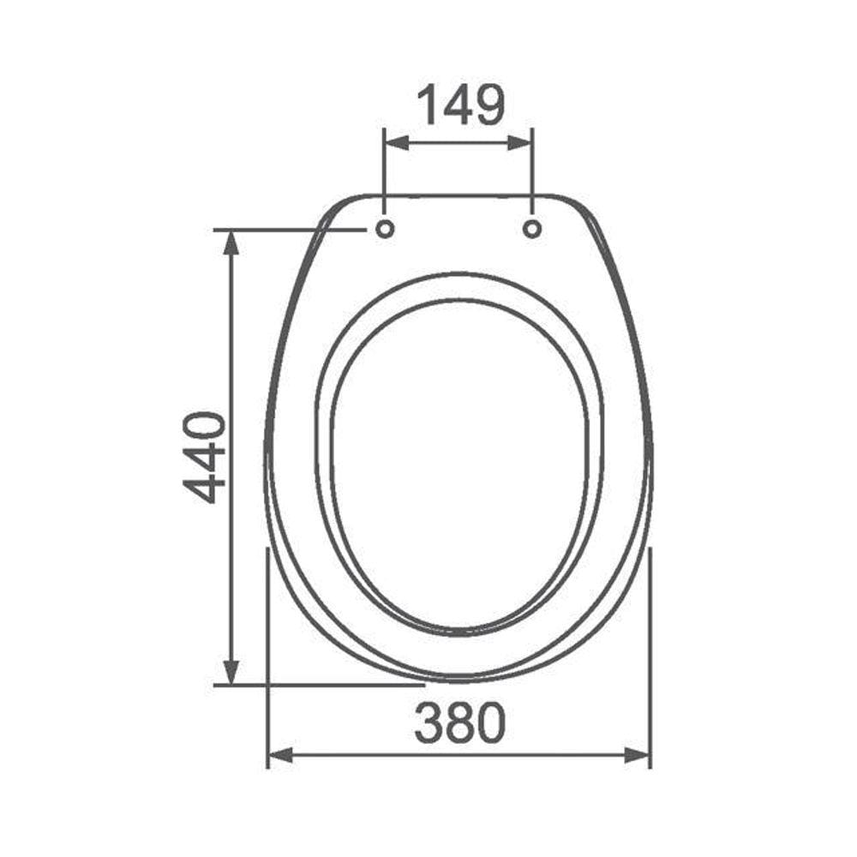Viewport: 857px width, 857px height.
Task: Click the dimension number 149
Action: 461,105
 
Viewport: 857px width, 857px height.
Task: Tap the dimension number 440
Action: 204,458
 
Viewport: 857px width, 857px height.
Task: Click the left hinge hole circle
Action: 385,229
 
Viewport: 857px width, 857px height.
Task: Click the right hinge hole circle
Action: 532,229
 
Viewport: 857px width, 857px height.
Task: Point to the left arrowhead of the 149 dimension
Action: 398,143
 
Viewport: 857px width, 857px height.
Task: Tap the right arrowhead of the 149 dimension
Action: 519,143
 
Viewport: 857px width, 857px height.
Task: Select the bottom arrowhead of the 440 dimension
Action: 231,672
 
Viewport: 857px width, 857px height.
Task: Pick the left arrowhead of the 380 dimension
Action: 280,756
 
